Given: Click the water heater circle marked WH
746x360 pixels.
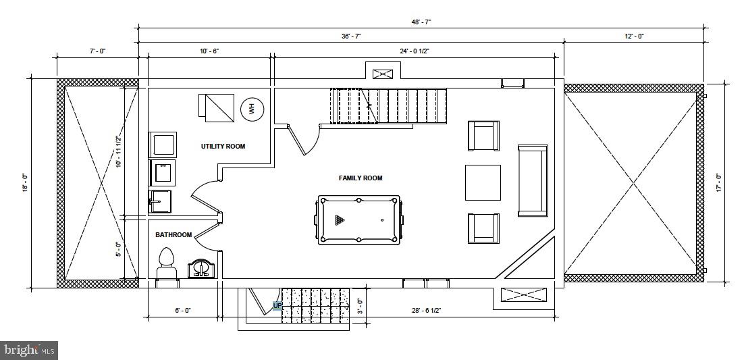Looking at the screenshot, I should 252,108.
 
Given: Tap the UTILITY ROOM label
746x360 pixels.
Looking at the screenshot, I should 223,146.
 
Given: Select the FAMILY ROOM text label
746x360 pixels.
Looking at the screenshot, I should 361,178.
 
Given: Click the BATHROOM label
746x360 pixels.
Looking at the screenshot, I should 174,235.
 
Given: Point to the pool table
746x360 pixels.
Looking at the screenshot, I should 358,220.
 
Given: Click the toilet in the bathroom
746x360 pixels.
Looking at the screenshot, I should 166,264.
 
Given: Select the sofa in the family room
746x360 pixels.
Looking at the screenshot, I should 533,180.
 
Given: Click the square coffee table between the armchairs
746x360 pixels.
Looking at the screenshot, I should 483,182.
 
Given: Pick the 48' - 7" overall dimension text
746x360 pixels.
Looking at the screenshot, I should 421,22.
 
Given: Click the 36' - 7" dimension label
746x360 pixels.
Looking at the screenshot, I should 352,36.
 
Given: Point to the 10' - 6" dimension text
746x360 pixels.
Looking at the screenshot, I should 209,51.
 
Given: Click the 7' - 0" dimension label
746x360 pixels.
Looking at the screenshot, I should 97,51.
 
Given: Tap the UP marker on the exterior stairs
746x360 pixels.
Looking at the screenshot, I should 277,305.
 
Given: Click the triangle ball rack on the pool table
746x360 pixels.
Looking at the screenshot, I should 340,220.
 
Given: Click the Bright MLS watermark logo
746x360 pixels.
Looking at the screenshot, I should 29,350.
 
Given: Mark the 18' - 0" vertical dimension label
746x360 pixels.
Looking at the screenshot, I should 24,182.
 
